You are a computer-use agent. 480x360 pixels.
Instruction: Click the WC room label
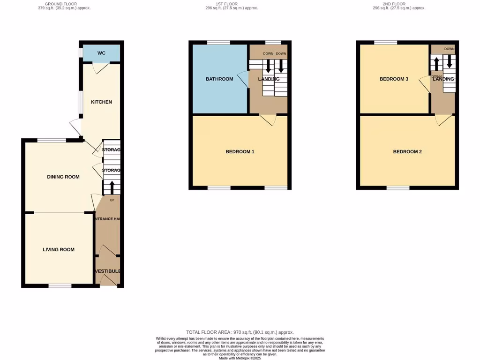(101, 53)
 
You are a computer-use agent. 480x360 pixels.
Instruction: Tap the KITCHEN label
(101, 102)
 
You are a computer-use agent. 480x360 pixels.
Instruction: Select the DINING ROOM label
(63, 177)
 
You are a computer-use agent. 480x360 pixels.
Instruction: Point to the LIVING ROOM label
(59, 249)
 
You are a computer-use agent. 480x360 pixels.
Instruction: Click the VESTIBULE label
(108, 271)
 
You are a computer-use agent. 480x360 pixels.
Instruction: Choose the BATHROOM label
(219, 79)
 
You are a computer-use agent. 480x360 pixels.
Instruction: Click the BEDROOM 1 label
(240, 151)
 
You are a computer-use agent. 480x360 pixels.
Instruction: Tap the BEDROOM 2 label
(407, 151)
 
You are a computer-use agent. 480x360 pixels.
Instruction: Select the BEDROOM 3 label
(394, 79)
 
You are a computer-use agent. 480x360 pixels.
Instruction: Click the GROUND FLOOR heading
(64, 4)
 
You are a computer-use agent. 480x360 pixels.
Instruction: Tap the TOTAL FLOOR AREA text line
(240, 332)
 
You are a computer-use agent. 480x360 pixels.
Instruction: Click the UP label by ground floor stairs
(112, 200)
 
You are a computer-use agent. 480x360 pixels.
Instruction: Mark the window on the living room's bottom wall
(60, 285)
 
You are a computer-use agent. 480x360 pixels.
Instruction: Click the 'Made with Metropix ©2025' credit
(240, 358)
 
